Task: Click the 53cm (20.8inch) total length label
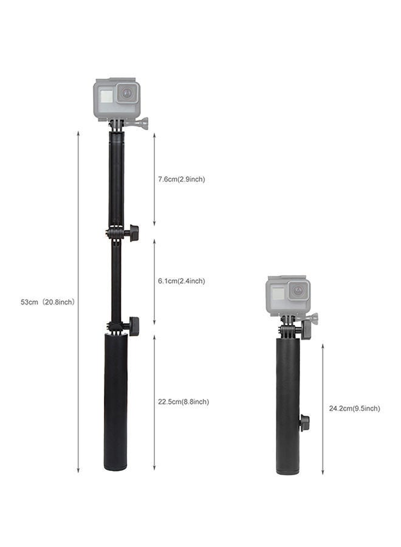click(x=47, y=301)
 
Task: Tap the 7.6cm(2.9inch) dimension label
click(x=181, y=179)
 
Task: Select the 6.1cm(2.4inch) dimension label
click(x=181, y=281)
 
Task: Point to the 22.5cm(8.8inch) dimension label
click(x=183, y=402)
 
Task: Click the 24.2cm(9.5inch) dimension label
click(x=354, y=408)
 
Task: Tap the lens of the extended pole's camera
click(x=127, y=94)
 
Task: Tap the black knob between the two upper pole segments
click(x=132, y=232)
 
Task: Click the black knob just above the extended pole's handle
click(x=132, y=326)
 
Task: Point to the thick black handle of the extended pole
click(x=115, y=401)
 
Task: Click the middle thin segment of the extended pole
click(x=115, y=280)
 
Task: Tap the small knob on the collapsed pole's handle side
click(x=304, y=422)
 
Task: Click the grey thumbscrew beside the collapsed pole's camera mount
click(x=312, y=318)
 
